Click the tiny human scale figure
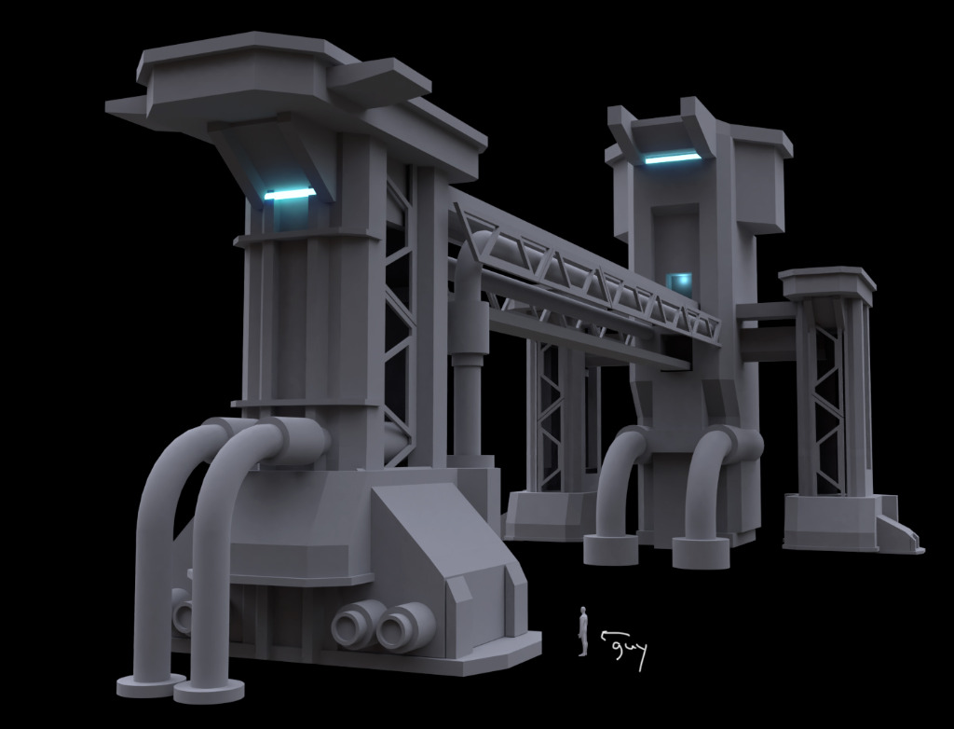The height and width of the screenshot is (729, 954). pos(583,631)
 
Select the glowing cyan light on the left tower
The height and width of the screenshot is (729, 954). pos(290,194)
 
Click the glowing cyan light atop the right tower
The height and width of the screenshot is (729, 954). pos(672,158)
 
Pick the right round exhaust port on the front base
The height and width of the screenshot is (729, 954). pos(403,626)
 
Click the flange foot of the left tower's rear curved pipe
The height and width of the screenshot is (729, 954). pos(149,685)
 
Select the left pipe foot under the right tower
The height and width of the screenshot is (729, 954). pos(610,549)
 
